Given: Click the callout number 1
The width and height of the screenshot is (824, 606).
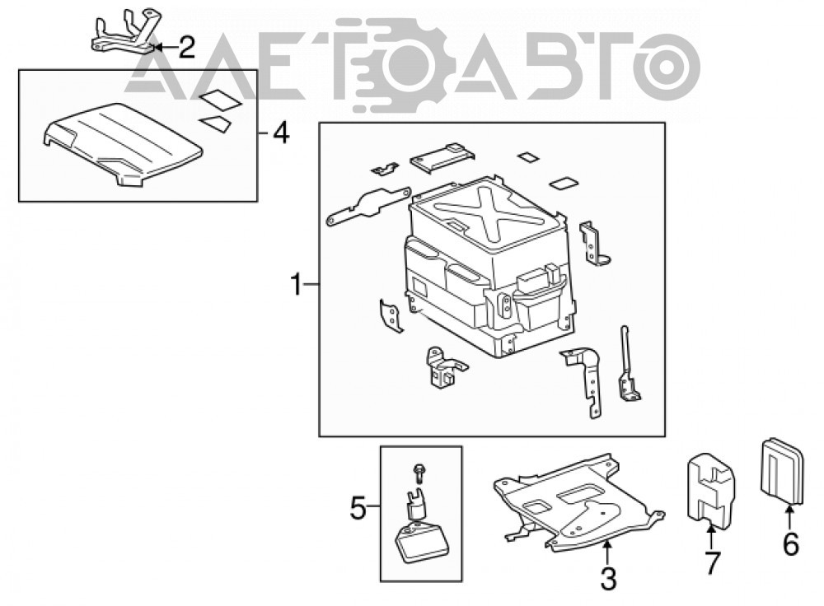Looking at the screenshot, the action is point(297,285).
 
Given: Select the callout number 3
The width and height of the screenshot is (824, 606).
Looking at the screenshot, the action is point(608,579).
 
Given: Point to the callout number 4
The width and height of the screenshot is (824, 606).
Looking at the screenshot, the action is point(281,133).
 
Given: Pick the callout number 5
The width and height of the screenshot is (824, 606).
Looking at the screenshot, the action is point(358,508).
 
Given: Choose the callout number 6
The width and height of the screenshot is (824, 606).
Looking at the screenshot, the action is point(791,543).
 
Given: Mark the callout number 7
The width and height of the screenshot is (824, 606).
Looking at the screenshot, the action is point(711,563).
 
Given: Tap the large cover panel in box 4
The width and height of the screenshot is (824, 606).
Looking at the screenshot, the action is point(123,144).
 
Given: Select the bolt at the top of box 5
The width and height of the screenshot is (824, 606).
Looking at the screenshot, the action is point(419,473).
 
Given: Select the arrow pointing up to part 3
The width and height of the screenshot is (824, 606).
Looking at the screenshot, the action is point(607,552).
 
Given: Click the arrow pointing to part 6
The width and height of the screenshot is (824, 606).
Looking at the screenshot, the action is point(790,516).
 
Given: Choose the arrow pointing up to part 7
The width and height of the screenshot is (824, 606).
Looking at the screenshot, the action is point(710,536).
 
